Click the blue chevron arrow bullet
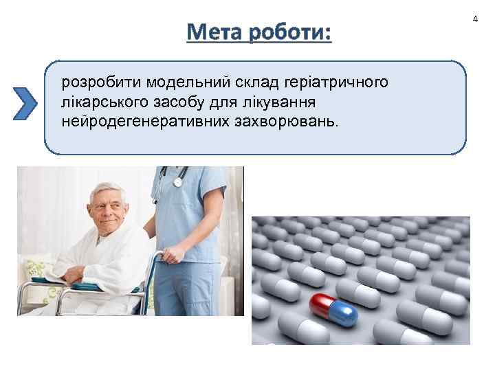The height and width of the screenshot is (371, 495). [x=25, y=104]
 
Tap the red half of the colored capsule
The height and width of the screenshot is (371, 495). [x=321, y=302]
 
